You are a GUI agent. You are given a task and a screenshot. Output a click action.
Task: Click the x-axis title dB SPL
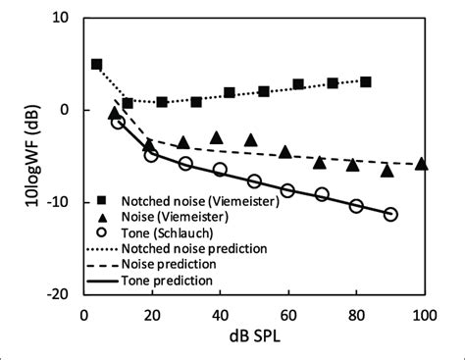pos(253,338)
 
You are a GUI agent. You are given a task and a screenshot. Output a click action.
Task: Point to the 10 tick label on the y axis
pos(60,19)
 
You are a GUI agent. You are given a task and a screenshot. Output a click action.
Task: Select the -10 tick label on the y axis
pos(56,202)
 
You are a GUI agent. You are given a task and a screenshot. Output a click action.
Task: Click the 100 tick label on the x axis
pos(424,314)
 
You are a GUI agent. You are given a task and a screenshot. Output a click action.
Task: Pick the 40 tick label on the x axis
pos(219,314)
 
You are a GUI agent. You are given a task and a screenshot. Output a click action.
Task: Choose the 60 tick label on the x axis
pos(287,314)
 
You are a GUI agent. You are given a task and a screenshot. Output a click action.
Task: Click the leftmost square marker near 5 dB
pos(96,65)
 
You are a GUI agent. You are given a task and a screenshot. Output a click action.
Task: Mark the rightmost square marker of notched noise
pos(366,81)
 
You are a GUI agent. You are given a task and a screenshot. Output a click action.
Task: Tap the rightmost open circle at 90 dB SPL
pos(390,214)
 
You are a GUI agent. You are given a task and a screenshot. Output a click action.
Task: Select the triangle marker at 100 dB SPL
pos(422,164)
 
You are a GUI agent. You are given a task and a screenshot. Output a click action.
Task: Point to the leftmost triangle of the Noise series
pos(114,113)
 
